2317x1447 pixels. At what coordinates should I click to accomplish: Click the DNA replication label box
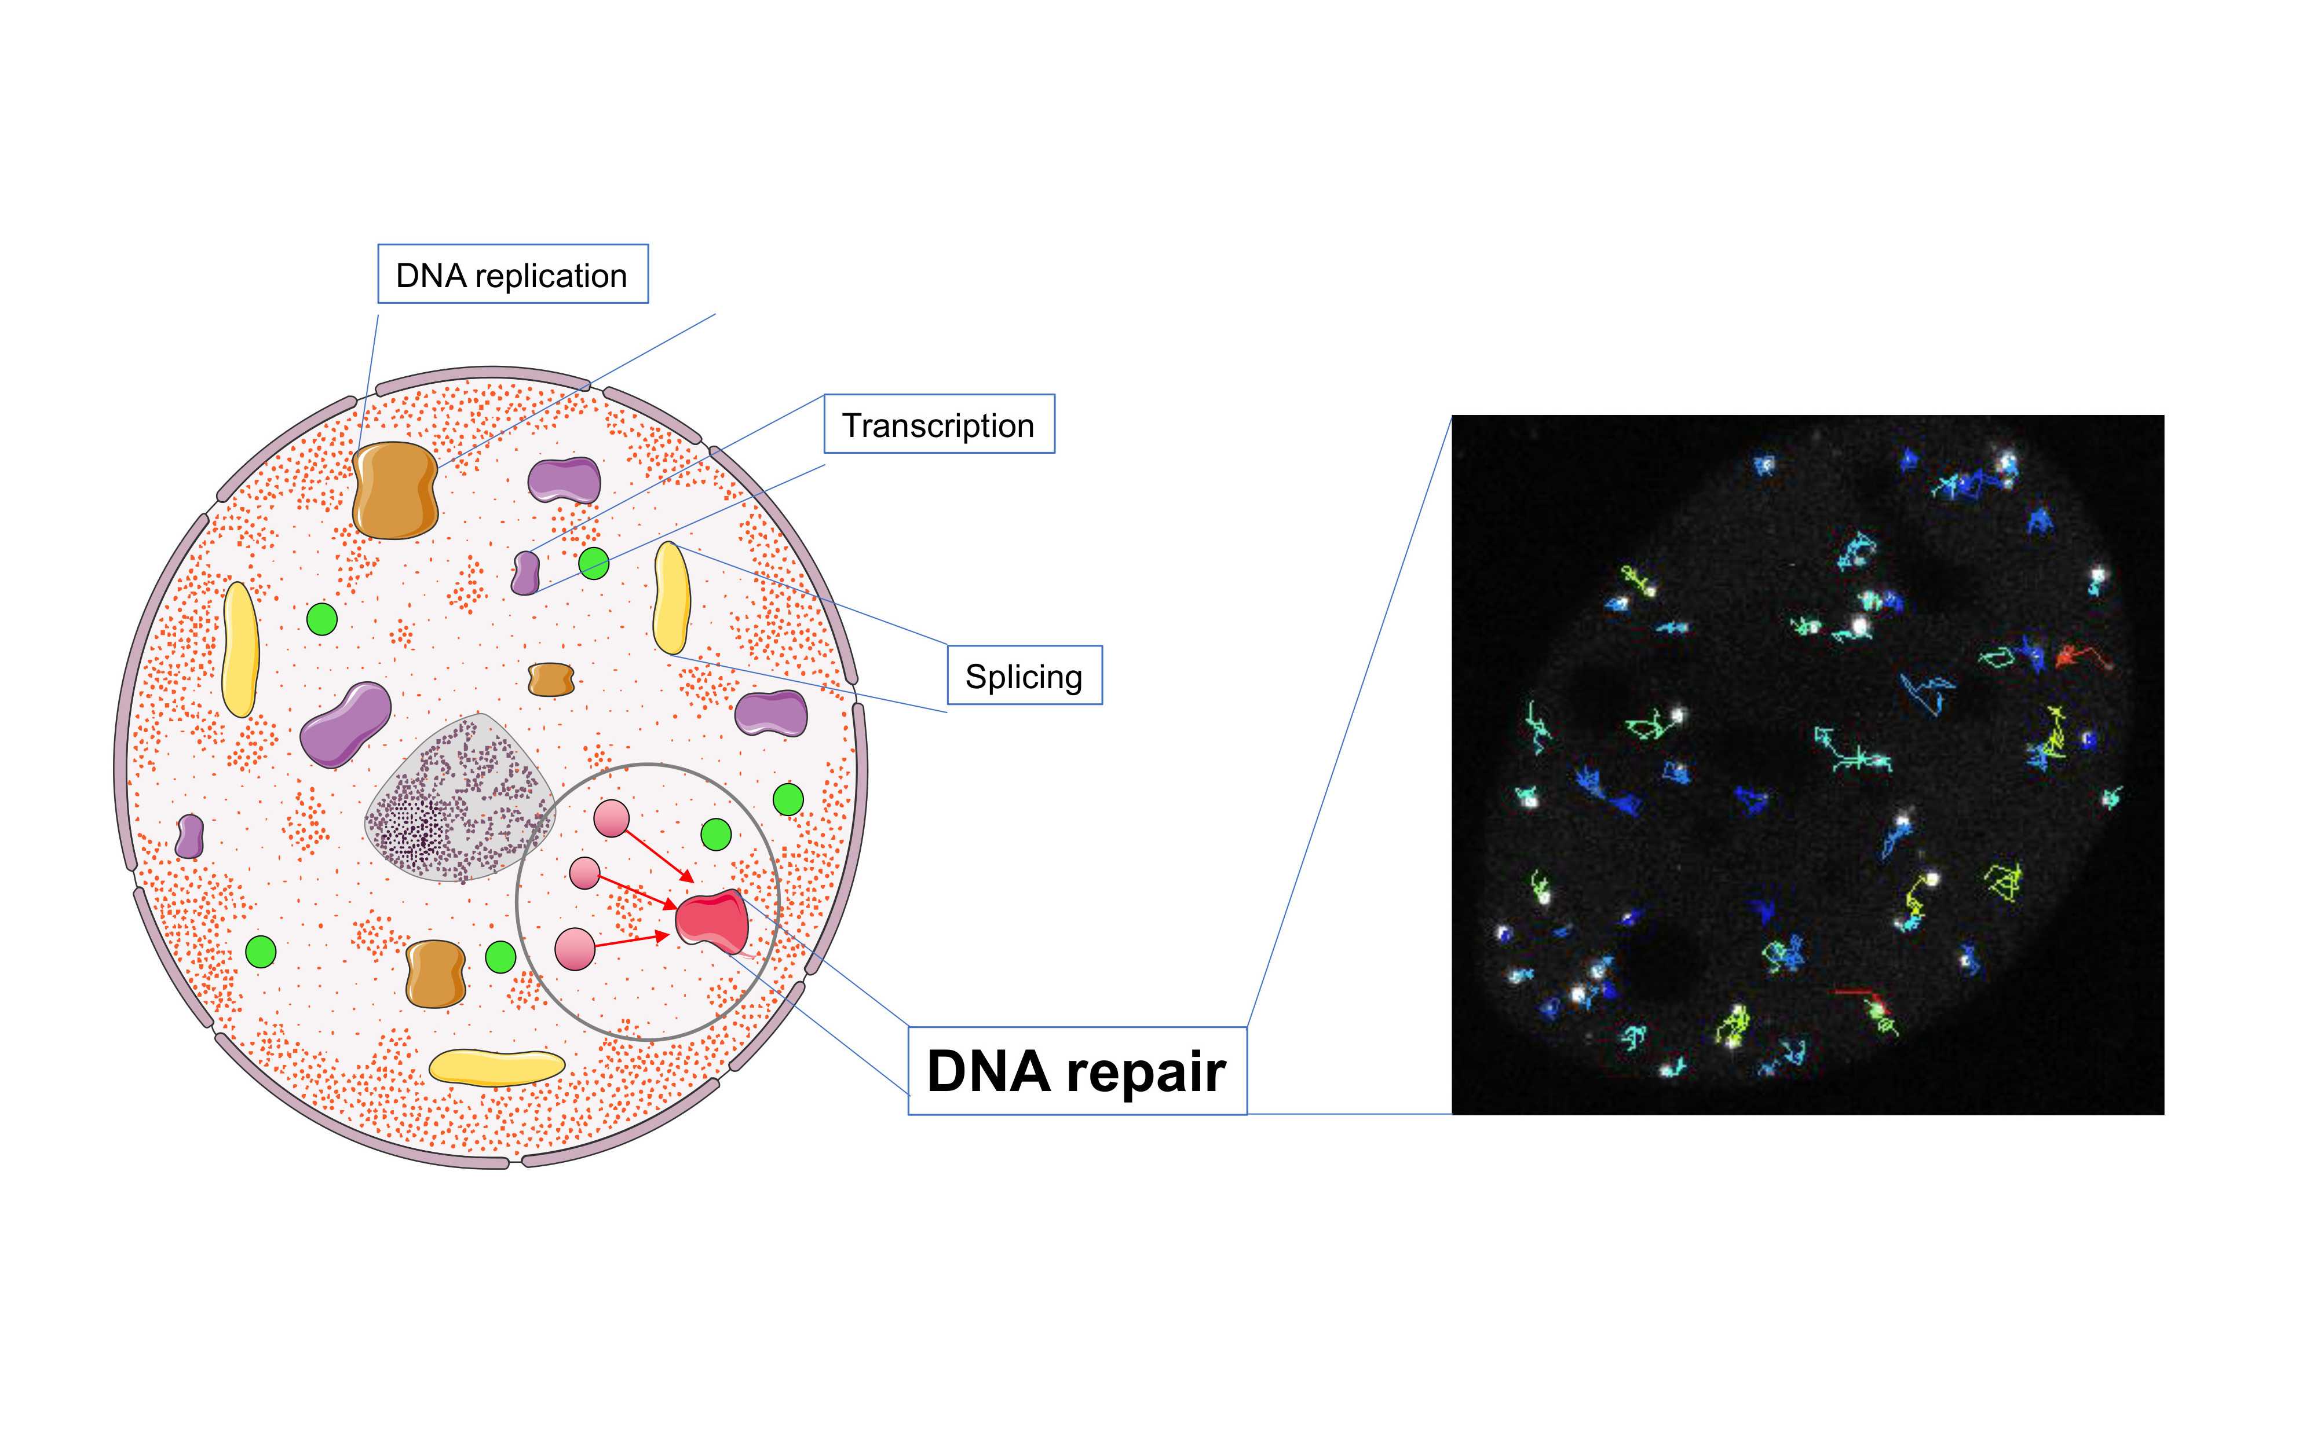coord(512,275)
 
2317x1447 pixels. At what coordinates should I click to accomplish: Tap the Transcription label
coord(938,424)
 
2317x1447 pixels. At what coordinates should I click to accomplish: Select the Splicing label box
coord(1024,675)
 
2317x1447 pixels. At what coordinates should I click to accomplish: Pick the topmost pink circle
coord(612,818)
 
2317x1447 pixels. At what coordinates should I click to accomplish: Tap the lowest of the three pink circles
coord(575,949)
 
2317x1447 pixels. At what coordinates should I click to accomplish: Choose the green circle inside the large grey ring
coord(716,833)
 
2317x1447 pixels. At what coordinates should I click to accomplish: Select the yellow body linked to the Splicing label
coord(671,598)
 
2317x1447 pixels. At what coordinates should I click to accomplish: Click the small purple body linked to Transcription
coord(525,572)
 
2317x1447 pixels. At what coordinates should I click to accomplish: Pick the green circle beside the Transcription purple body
coord(594,563)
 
